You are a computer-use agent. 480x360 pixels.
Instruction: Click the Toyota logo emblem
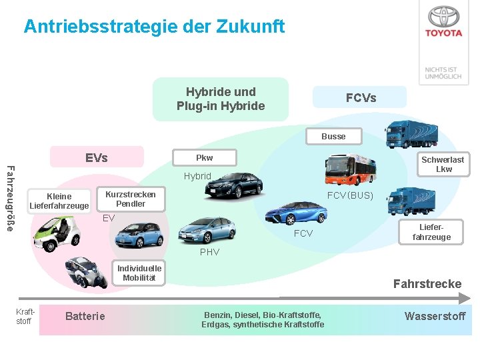coord(444,17)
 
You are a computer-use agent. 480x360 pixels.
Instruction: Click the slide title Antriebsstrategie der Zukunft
coord(154,27)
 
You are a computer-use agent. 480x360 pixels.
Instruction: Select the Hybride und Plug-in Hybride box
coord(221,99)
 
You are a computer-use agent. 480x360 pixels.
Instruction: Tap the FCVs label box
coord(361,97)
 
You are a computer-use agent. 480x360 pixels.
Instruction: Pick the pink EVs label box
coord(97,158)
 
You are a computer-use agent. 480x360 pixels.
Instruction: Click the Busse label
coord(333,136)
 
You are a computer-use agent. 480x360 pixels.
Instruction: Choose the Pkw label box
coord(204,158)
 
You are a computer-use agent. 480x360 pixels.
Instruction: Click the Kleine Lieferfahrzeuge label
coord(59,201)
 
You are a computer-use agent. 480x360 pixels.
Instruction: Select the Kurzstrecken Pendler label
coord(130,199)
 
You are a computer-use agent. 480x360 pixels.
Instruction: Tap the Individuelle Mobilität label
coord(139,273)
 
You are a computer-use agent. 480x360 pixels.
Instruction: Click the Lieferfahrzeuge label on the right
coord(431,232)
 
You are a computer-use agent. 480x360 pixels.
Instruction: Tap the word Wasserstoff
coord(435,316)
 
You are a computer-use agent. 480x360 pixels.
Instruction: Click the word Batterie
coord(85,316)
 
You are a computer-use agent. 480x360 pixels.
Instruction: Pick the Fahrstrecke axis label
coord(427,284)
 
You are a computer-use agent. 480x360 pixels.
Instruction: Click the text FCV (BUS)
coord(350,195)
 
